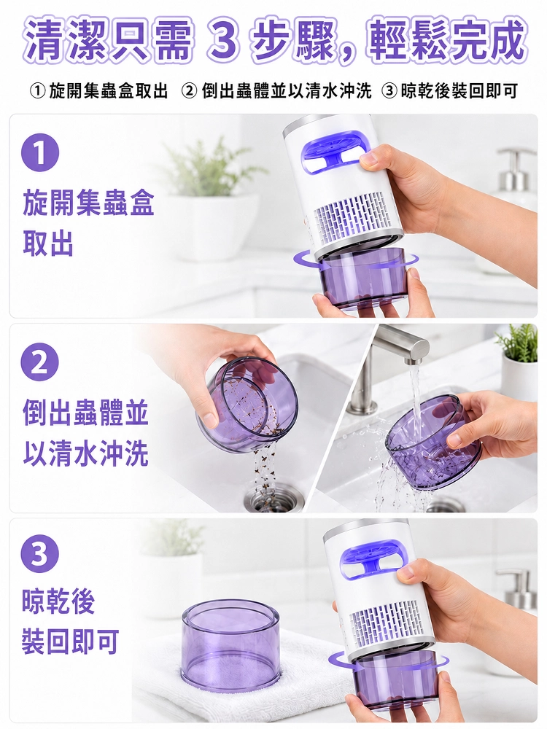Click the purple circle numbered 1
[x=40, y=152]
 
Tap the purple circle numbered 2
[x=40, y=362]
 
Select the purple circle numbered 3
[x=40, y=555]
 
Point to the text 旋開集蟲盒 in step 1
[x=88, y=203]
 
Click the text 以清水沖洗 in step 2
[x=85, y=453]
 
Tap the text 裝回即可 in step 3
[x=71, y=642]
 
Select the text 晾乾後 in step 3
[x=58, y=601]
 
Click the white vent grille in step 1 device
[x=352, y=217]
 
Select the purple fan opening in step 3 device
[x=371, y=559]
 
